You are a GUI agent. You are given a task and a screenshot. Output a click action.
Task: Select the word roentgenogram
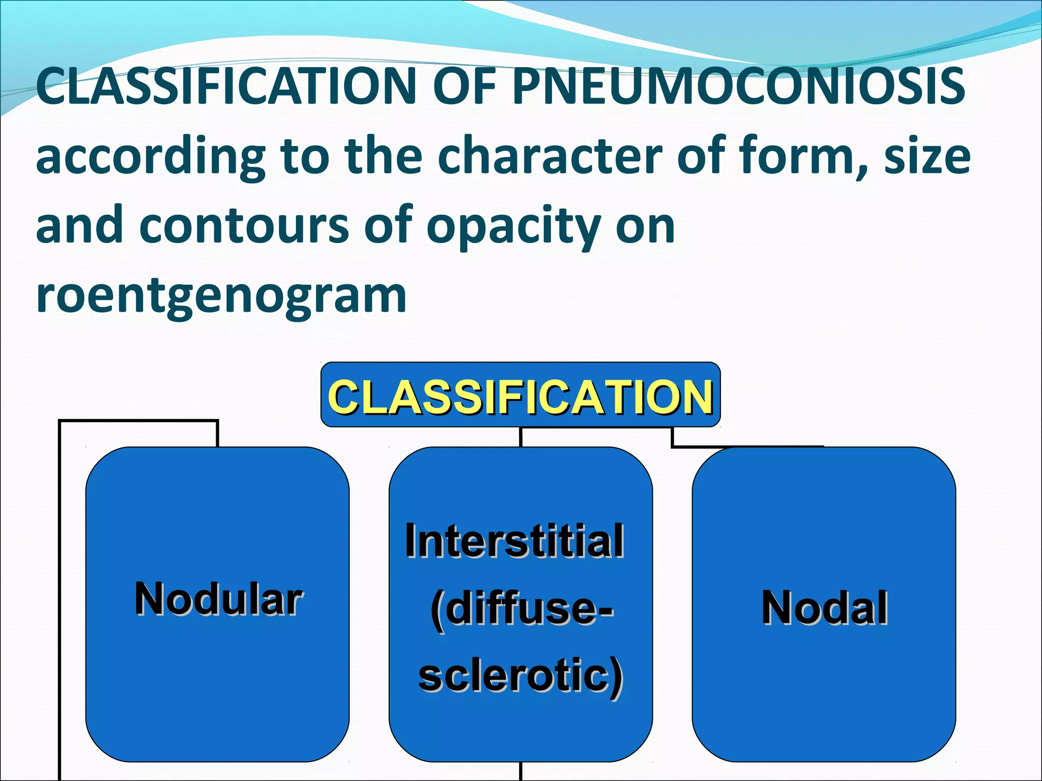(221, 295)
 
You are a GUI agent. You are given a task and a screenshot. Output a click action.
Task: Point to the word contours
(244, 225)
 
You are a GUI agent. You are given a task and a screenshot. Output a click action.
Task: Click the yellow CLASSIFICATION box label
(520, 397)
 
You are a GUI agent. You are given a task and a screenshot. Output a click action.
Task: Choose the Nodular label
(218, 599)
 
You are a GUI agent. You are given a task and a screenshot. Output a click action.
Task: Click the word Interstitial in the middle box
(514, 540)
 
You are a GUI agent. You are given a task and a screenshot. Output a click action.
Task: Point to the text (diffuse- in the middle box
(522, 608)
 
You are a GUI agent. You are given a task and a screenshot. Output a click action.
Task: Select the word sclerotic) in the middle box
(520, 676)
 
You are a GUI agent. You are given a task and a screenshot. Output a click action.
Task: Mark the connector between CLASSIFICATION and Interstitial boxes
(520, 437)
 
